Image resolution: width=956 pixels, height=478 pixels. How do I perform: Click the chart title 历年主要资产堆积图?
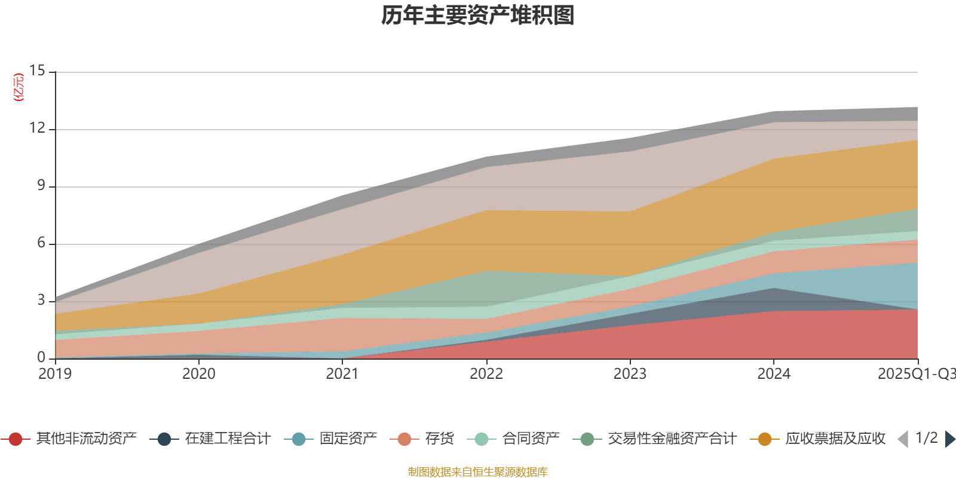478,16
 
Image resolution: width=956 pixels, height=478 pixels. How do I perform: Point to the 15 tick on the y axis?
37,71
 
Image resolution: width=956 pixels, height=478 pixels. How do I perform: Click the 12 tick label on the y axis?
37,128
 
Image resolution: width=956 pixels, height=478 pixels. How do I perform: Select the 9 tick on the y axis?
41,186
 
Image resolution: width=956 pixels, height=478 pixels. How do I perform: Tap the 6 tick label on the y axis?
41,243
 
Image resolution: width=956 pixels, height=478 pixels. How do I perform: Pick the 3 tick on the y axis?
41,301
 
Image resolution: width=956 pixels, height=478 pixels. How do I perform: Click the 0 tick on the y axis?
41,358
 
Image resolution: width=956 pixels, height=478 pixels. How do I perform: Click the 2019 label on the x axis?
55,374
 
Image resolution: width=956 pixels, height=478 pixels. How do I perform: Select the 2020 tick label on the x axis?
199,374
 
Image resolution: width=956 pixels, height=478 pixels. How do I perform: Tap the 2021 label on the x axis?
342,374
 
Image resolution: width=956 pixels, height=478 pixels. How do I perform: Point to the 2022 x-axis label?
486,374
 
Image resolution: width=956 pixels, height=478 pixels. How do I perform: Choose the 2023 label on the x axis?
630,374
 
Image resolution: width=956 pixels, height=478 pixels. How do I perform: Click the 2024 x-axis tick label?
774,374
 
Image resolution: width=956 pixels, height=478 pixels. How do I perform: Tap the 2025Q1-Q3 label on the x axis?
915,374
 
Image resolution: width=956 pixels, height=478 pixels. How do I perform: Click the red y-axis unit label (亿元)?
19,87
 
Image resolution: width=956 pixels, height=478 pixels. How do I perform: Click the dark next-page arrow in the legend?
949,439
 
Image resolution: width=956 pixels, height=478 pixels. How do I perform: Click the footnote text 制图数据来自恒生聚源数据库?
478,472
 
